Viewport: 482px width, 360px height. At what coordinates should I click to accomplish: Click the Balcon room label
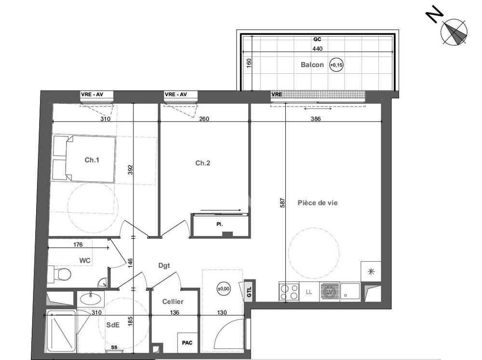tap(312, 65)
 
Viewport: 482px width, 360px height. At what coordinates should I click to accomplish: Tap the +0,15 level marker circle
tap(336, 65)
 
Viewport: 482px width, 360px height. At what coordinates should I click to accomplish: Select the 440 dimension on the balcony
tap(318, 49)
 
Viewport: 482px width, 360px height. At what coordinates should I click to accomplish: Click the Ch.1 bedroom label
tap(92, 160)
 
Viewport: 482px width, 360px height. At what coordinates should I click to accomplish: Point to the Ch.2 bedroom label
tap(202, 163)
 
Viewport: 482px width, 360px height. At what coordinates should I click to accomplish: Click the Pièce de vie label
tap(318, 203)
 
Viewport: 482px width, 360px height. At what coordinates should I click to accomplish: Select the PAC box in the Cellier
tap(187, 343)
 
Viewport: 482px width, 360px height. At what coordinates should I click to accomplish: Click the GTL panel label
tap(249, 292)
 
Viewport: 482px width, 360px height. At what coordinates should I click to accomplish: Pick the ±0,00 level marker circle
tap(224, 289)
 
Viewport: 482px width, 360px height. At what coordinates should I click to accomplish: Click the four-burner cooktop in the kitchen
tap(289, 292)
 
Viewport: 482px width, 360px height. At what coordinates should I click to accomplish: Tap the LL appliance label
tap(309, 292)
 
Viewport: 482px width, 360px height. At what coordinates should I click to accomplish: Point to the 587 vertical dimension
tap(282, 202)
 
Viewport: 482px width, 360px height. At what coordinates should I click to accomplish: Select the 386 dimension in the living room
tap(316, 119)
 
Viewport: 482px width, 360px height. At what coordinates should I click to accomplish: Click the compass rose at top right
tap(454, 32)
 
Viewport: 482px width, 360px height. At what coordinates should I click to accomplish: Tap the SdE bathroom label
tap(113, 325)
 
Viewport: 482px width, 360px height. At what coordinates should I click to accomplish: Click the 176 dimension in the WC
tap(78, 244)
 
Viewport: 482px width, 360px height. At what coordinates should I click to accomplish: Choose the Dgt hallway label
tap(164, 266)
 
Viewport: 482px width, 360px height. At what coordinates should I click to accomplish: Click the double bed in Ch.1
tap(84, 159)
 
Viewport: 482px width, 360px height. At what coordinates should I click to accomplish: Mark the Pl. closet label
tap(219, 225)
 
